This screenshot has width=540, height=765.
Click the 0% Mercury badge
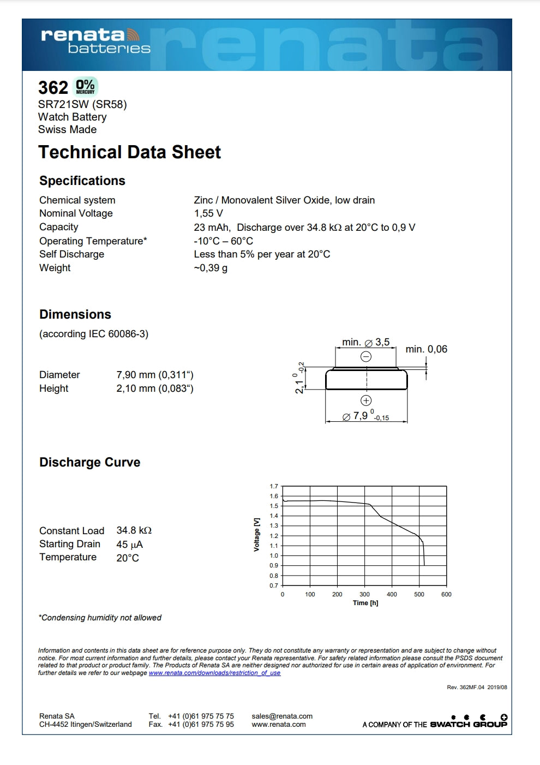[x=85, y=87]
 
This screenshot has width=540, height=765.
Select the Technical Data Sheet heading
[x=129, y=152]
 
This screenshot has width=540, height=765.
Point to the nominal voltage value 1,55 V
[x=208, y=213]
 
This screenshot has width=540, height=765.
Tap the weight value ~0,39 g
[x=211, y=268]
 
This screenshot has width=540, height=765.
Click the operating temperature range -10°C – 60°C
[x=223, y=241]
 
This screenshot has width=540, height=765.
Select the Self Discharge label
[x=71, y=254]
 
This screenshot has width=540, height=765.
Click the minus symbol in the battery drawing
[x=366, y=357]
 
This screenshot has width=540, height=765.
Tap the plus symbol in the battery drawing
[x=366, y=401]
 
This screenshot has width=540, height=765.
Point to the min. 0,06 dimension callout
[x=426, y=349]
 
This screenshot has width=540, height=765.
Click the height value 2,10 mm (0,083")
[x=155, y=389]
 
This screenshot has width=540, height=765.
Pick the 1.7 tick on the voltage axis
[x=274, y=486]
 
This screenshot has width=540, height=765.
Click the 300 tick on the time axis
[x=364, y=594]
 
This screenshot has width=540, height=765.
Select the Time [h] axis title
[x=365, y=603]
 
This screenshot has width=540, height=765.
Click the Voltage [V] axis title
[x=256, y=535]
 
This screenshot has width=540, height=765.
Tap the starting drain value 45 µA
[x=130, y=545]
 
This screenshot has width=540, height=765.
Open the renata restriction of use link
[x=214, y=673]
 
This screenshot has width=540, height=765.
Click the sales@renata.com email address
[x=282, y=716]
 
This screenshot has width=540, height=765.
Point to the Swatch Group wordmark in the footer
[x=469, y=724]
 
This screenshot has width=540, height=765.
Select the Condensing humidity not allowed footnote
[x=100, y=618]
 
